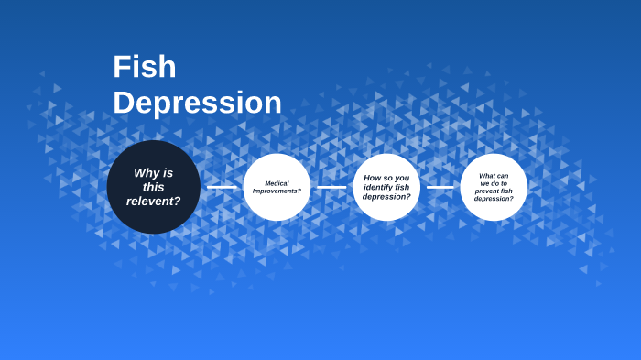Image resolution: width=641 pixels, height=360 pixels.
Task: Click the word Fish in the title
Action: (145, 67)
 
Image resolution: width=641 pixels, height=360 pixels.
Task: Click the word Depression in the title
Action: (197, 103)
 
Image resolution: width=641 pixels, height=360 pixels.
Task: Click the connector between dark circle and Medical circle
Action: (222, 187)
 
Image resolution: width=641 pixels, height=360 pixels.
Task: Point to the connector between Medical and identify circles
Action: (331, 187)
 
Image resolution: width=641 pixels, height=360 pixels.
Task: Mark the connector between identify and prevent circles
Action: (440, 187)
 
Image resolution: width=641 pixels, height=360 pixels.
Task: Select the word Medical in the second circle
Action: (277, 183)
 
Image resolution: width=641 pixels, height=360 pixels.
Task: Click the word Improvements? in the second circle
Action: (277, 191)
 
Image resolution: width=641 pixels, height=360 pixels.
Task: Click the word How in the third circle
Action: (372, 178)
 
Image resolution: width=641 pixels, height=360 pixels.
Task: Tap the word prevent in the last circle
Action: (485, 191)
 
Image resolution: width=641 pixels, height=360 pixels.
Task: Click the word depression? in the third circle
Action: (386, 196)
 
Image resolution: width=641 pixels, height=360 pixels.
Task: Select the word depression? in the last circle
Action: (494, 198)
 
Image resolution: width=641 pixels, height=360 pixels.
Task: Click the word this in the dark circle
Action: (153, 187)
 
